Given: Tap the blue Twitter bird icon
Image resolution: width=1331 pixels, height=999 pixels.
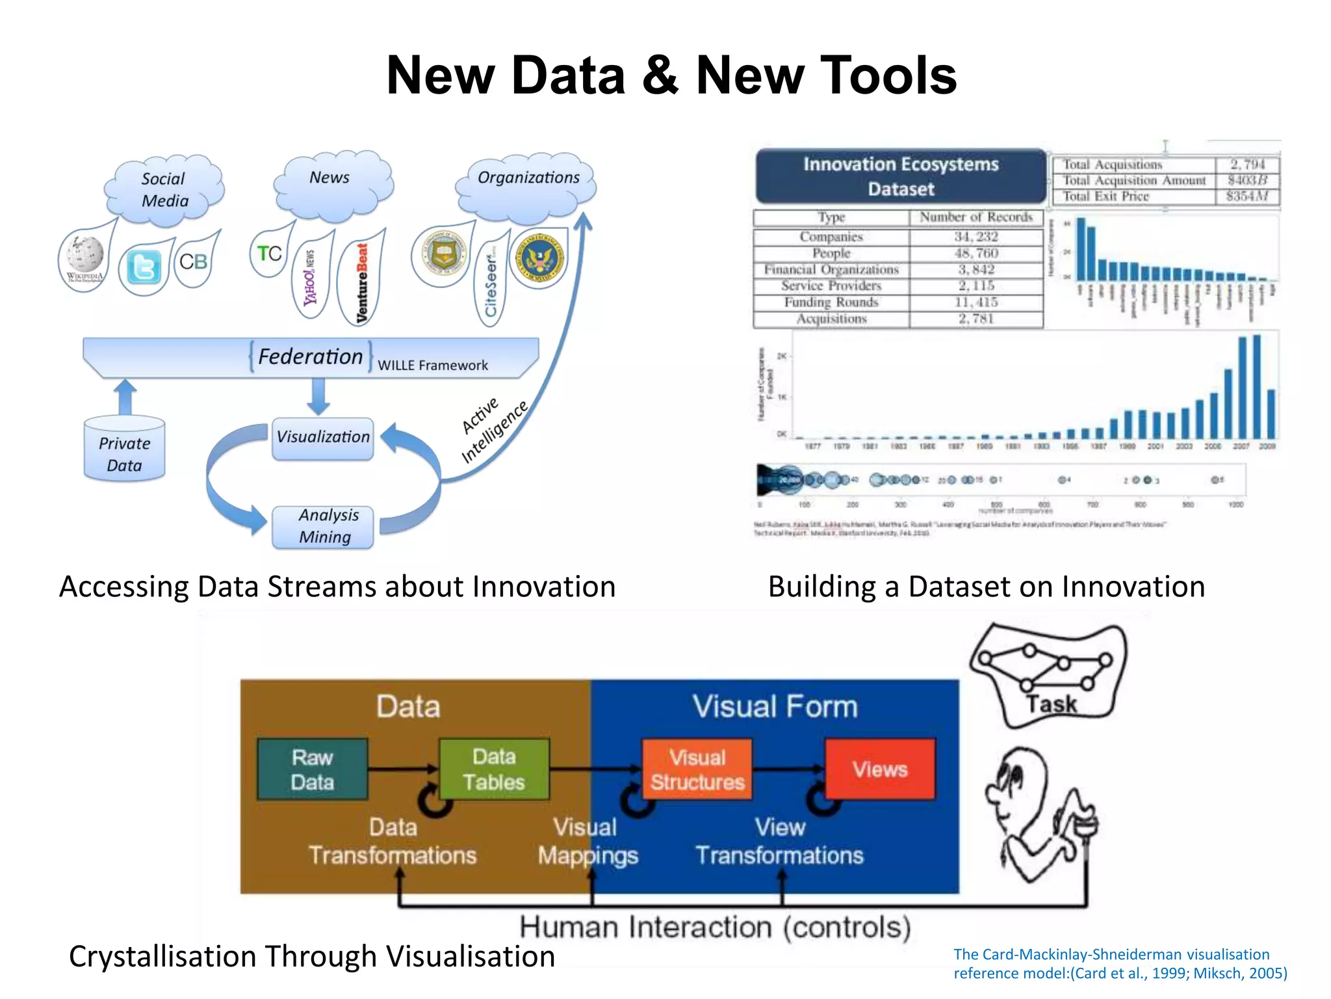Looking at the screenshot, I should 143,267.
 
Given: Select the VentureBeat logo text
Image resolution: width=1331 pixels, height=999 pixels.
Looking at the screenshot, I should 362,283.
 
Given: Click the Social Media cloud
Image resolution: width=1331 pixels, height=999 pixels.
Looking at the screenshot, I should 164,189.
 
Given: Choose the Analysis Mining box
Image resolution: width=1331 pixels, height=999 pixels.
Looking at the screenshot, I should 323,526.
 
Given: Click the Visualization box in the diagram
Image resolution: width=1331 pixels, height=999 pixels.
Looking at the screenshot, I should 323,437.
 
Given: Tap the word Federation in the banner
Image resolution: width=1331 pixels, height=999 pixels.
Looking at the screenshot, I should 310,356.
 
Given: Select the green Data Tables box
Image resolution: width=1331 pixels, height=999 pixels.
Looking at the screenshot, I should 494,769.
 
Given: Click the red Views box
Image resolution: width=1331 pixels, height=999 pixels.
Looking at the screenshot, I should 880,769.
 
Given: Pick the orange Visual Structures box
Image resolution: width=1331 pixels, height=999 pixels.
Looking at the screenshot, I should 697,769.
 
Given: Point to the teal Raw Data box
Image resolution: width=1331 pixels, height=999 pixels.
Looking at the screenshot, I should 313,769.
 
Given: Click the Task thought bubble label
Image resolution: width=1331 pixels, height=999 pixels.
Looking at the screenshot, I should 1051,704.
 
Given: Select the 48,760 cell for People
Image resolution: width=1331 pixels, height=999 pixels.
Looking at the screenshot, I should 976,253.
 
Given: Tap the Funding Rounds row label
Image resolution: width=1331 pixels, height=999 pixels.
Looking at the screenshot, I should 831,302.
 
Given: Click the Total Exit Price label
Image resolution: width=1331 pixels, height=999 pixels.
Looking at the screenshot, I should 1106,196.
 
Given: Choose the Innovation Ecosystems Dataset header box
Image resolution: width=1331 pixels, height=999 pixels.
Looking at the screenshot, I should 901,176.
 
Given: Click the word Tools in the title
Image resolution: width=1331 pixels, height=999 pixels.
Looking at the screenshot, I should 826,75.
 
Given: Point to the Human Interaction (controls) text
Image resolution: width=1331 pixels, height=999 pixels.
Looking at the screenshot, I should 715,927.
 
